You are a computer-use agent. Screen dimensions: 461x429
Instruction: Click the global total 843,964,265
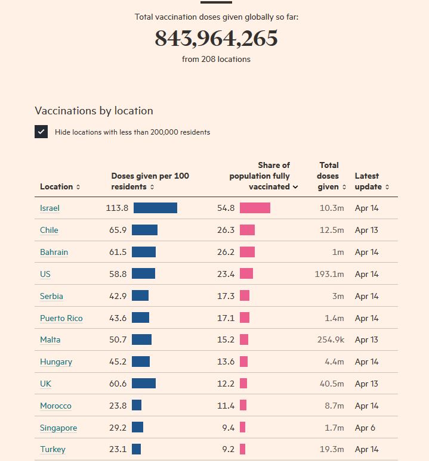tap(216, 39)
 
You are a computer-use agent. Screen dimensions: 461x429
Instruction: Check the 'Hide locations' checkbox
tap(41, 132)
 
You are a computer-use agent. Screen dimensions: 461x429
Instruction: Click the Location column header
tap(60, 186)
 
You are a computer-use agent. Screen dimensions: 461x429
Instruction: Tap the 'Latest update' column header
tap(371, 181)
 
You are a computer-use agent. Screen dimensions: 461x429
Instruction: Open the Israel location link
tap(50, 208)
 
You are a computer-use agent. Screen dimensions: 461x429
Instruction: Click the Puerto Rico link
tap(61, 318)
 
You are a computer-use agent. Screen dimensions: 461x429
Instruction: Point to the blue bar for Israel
tap(155, 208)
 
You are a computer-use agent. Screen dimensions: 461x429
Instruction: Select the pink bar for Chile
tap(247, 230)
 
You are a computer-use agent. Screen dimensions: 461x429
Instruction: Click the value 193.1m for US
tap(329, 274)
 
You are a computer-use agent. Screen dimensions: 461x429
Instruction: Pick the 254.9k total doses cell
tap(331, 339)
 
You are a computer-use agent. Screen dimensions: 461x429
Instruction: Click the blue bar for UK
tap(144, 384)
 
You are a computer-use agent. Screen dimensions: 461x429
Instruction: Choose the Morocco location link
tap(55, 406)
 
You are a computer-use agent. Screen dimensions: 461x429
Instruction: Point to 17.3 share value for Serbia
tap(226, 296)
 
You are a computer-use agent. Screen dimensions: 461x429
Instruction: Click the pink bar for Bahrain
tap(247, 252)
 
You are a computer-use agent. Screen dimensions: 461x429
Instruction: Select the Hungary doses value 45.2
tap(118, 362)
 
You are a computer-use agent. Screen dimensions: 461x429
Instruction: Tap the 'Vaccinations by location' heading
tap(94, 111)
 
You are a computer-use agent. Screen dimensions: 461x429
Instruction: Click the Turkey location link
tap(53, 449)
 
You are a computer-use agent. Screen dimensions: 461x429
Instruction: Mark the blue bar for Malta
tap(141, 339)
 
